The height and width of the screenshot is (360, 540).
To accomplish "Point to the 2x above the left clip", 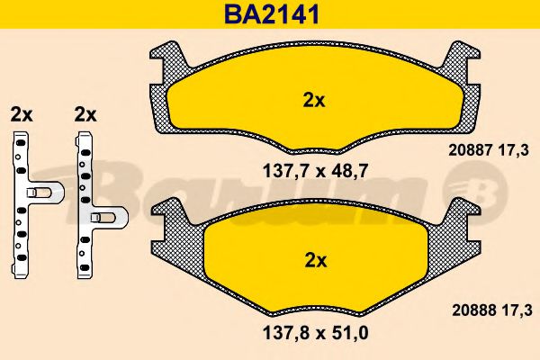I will click(21, 114).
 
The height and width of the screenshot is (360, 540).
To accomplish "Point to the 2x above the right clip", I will click(85, 114).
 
